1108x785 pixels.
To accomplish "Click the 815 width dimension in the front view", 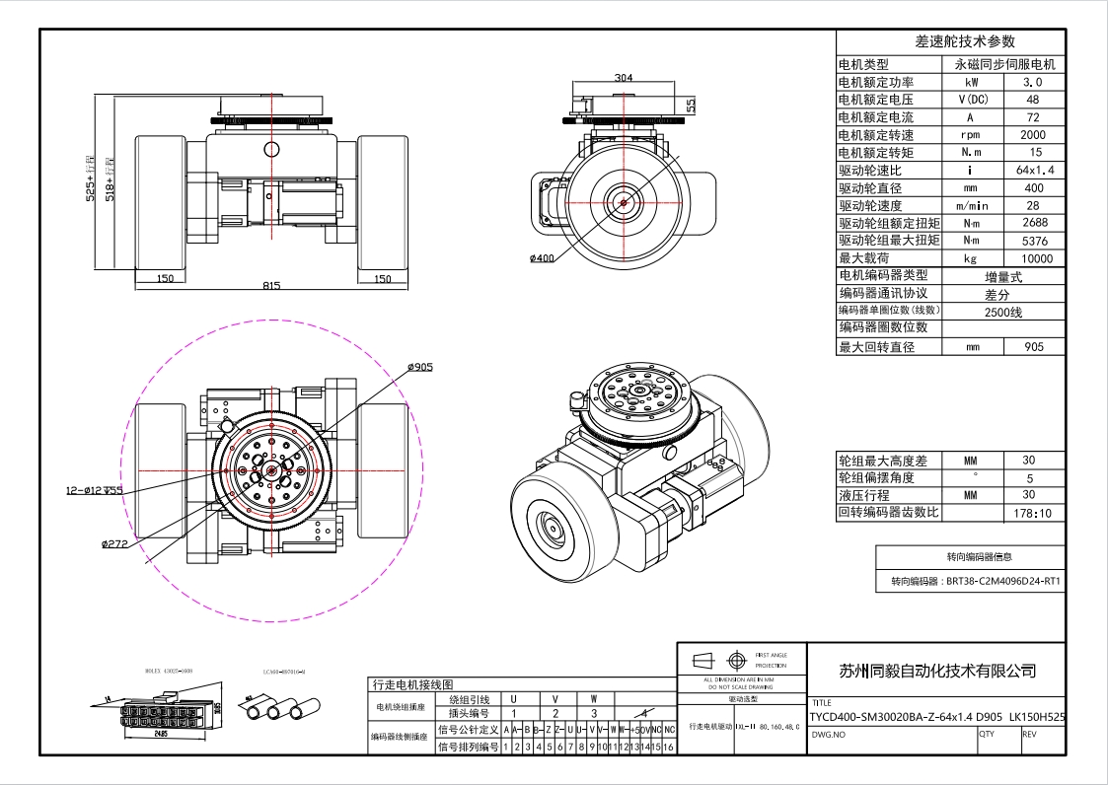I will click(271, 285).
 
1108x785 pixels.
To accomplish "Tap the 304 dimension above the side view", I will click(624, 77).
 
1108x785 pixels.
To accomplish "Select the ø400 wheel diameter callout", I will click(544, 258).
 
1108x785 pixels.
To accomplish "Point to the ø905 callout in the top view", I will click(420, 367).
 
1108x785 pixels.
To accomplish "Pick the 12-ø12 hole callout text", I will click(95, 489).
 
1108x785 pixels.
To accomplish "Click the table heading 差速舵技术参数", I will click(951, 41).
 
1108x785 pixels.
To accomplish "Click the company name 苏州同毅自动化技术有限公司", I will click(937, 672).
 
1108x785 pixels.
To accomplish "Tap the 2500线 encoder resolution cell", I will click(1003, 312).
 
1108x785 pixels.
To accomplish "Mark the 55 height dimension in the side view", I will click(692, 104).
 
